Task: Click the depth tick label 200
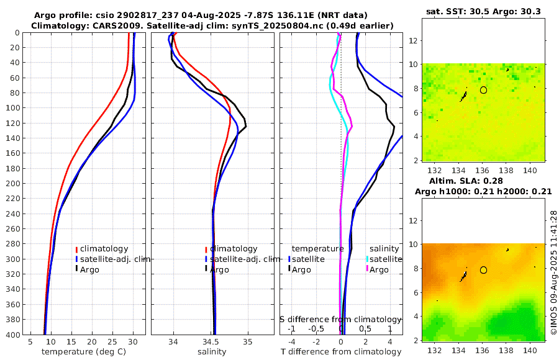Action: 12,184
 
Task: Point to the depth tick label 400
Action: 12,335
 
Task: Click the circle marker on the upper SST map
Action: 483,90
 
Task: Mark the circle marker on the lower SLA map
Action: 483,270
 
